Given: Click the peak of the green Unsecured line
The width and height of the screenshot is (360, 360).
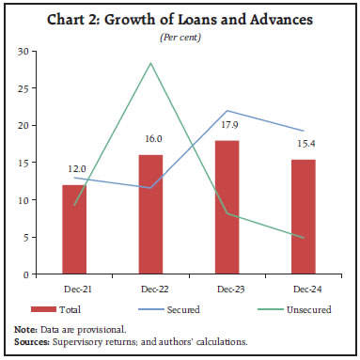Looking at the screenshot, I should point(150,63).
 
